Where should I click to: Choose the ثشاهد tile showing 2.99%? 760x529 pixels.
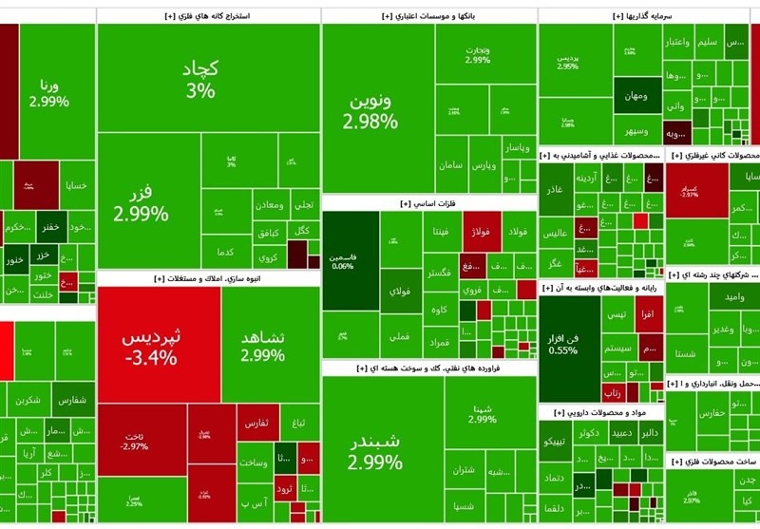point(262,346)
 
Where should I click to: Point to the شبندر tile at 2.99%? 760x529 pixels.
point(374,450)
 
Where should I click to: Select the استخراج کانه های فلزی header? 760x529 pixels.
point(209,16)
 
